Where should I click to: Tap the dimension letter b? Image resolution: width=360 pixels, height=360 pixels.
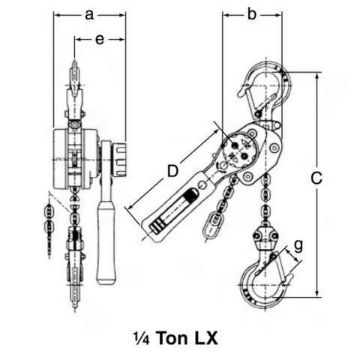[x=252, y=13]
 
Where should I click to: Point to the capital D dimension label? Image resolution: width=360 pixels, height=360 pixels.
[x=173, y=171]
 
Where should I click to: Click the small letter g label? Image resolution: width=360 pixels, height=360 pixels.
[x=298, y=243]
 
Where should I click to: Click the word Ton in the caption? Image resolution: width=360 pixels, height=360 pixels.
[x=179, y=337]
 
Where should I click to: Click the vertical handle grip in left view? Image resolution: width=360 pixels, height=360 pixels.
[x=106, y=240]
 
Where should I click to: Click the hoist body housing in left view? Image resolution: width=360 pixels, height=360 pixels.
[x=72, y=157]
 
